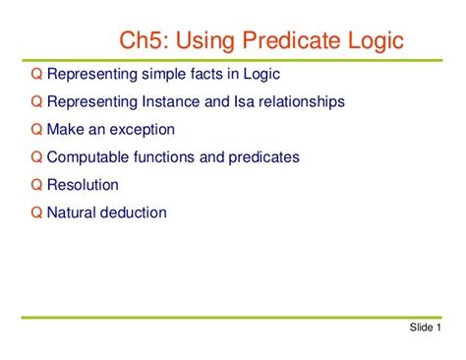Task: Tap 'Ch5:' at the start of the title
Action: pos(146,42)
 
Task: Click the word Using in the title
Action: pos(208,42)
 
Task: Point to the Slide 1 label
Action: pos(425,328)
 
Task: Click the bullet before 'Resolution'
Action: pos(36,184)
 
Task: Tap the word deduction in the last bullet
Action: pos(136,211)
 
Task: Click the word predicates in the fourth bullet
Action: pos(263,156)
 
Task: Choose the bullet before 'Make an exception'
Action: pos(36,129)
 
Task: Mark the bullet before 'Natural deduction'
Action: pos(36,211)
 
